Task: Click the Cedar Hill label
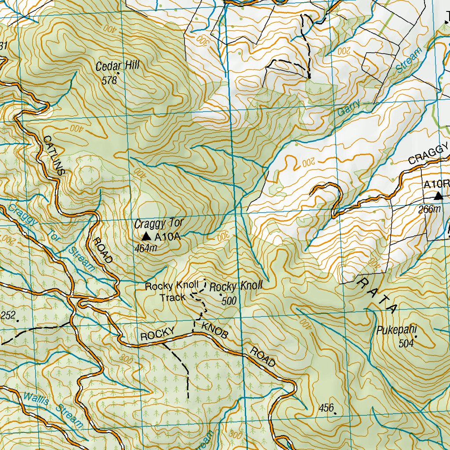pos(117,66)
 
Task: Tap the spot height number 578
pos(109,80)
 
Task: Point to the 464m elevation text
pos(146,248)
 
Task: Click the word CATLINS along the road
pos(54,155)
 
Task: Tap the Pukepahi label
pos(396,330)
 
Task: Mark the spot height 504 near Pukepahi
pos(406,343)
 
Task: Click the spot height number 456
pos(327,408)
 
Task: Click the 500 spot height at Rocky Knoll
pos(229,301)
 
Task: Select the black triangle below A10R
pos(438,196)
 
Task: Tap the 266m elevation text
pos(429,209)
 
